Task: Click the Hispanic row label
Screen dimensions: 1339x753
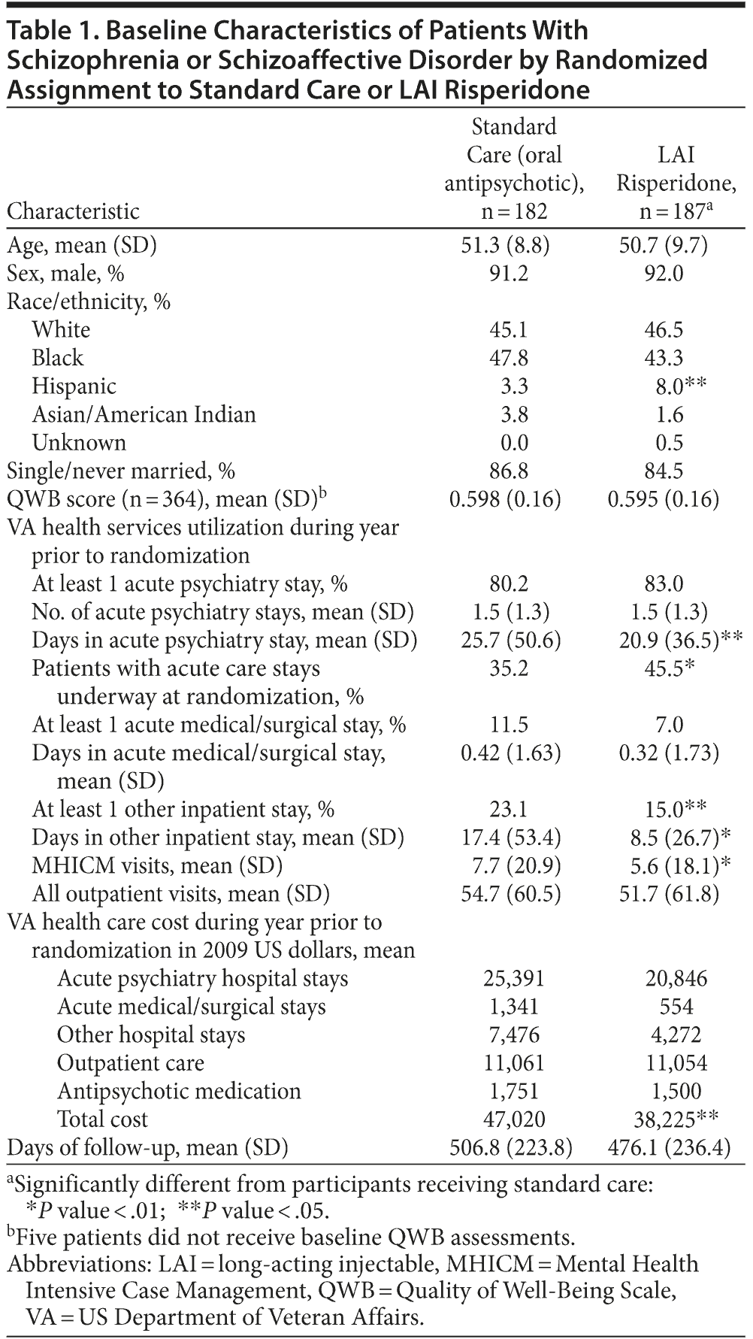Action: click(74, 386)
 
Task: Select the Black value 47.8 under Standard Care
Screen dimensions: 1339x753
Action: click(509, 358)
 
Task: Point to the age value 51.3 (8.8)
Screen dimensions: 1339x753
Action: click(505, 245)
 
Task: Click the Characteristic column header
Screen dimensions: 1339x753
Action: click(73, 211)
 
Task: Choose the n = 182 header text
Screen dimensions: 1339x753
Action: click(514, 211)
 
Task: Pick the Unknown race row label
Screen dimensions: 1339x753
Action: click(79, 443)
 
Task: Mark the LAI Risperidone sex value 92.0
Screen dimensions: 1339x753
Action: click(664, 274)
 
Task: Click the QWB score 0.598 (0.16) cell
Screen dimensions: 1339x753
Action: click(505, 499)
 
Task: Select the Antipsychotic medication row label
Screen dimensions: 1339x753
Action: click(179, 1092)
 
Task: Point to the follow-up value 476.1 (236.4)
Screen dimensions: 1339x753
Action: click(669, 1148)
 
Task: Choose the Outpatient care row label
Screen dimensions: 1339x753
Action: click(131, 1063)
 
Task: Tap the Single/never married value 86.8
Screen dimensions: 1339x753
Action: click(509, 471)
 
